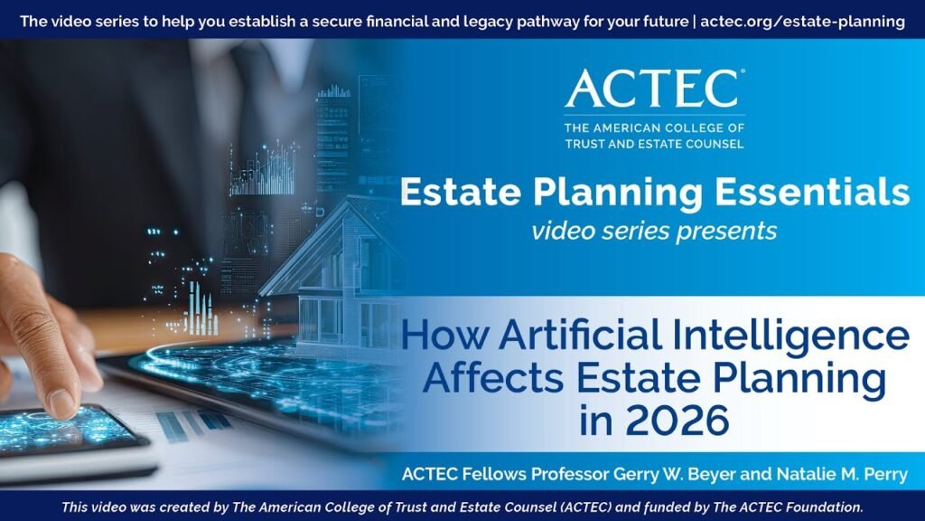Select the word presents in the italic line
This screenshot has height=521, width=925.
(730, 231)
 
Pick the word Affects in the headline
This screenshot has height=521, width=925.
(489, 379)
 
